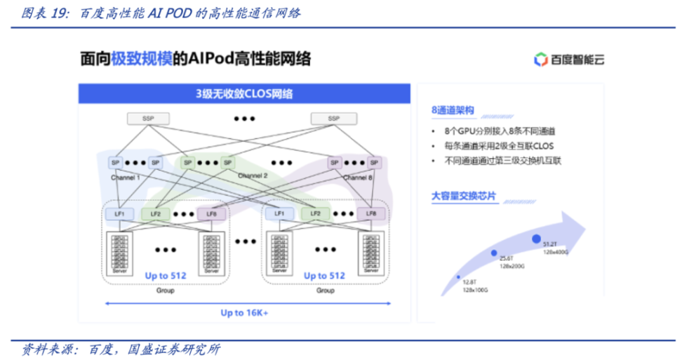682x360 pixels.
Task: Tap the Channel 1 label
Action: point(126,178)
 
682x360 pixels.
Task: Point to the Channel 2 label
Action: point(253,175)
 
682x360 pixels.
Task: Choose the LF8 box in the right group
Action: point(371,213)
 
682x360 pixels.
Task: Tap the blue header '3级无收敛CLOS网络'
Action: point(243,93)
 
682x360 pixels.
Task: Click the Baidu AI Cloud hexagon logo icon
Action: point(540,60)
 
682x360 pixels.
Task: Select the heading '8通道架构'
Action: point(453,111)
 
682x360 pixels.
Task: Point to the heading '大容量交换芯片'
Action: point(463,196)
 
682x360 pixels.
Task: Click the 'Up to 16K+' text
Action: point(244,312)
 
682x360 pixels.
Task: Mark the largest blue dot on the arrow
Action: point(537,239)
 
